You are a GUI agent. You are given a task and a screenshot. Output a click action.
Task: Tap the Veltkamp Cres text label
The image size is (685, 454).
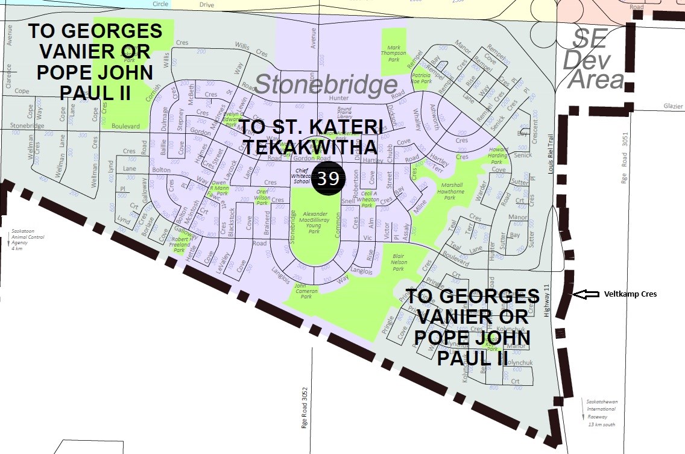(x=630, y=294)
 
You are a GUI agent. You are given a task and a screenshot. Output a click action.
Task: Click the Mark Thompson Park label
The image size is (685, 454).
(x=393, y=54)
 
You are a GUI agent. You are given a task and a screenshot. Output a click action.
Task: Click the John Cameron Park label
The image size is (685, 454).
(x=306, y=291)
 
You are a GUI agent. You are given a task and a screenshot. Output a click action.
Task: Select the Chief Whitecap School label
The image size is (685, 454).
(x=303, y=175)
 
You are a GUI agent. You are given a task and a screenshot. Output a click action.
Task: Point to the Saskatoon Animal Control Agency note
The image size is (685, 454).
(x=24, y=240)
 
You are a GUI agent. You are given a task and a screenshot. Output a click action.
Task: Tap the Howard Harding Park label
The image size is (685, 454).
(x=498, y=156)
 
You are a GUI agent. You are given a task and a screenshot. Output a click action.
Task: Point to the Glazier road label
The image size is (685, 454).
(x=673, y=106)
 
